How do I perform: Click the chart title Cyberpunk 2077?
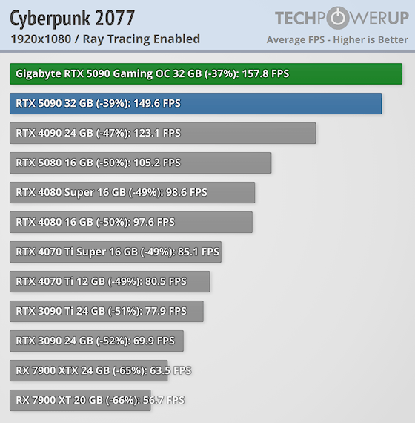[x=73, y=16]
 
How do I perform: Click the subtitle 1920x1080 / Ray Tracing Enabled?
[x=105, y=39]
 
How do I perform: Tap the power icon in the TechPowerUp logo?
[x=337, y=18]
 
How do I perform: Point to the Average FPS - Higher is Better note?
[x=337, y=39]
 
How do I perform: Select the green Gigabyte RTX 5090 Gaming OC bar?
[x=206, y=73]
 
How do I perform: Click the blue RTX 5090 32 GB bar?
[x=196, y=103]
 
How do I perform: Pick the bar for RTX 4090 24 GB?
[x=163, y=133]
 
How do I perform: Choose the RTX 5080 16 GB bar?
[x=141, y=163]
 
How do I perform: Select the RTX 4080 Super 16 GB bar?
[x=133, y=192]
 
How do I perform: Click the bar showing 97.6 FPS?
[x=131, y=222]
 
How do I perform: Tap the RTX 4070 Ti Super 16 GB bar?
[x=116, y=252]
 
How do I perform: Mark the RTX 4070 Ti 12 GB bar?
[x=110, y=281]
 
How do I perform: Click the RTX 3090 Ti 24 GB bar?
[x=107, y=311]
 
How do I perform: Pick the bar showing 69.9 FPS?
[x=97, y=341]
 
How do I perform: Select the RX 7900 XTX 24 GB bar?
[x=89, y=370]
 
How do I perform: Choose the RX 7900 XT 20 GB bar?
[x=80, y=400]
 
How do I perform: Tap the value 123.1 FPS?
[x=154, y=133]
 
